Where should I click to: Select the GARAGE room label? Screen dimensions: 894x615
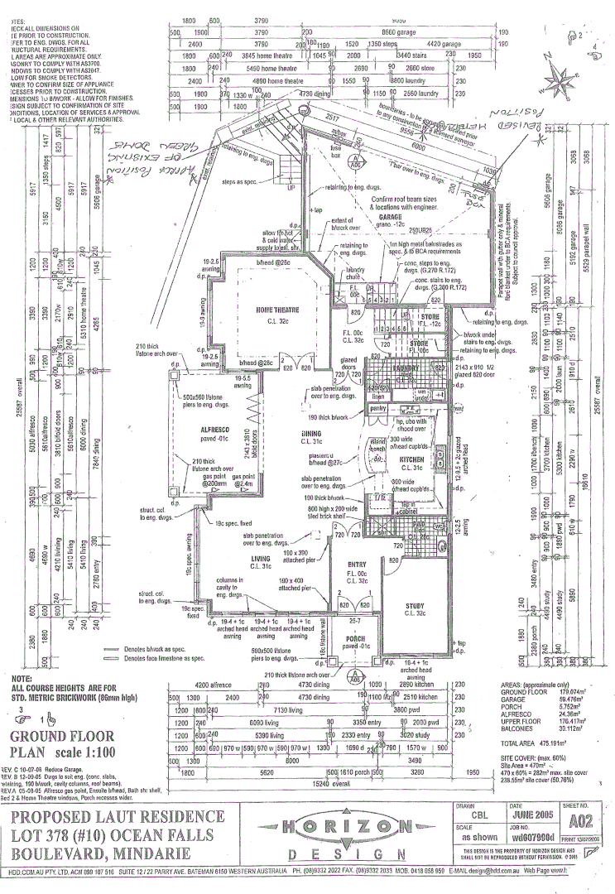[391, 216]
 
